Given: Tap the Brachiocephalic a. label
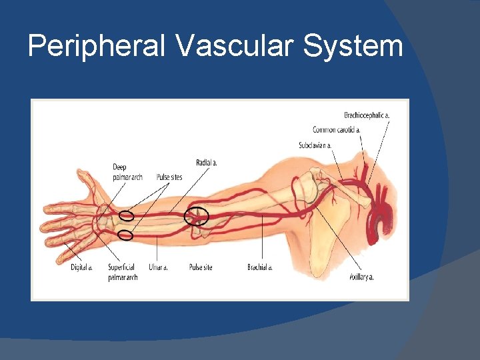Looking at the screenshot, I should (367, 115).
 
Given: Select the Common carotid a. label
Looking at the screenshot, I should (337, 129).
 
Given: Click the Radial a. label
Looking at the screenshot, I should (206, 162).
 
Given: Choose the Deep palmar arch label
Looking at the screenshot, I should (127, 172).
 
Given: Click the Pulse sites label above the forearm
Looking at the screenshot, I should (169, 177).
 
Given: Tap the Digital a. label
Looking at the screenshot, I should (81, 267).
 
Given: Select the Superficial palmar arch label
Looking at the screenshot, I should (123, 272).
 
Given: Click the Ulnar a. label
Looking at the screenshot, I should (158, 267).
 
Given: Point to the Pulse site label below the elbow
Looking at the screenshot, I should (200, 267).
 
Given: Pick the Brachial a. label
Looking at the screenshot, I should (260, 267).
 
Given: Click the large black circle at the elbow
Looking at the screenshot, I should (197, 215).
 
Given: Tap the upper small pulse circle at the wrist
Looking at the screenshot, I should (126, 215).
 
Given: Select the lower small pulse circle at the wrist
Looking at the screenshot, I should (125, 235).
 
